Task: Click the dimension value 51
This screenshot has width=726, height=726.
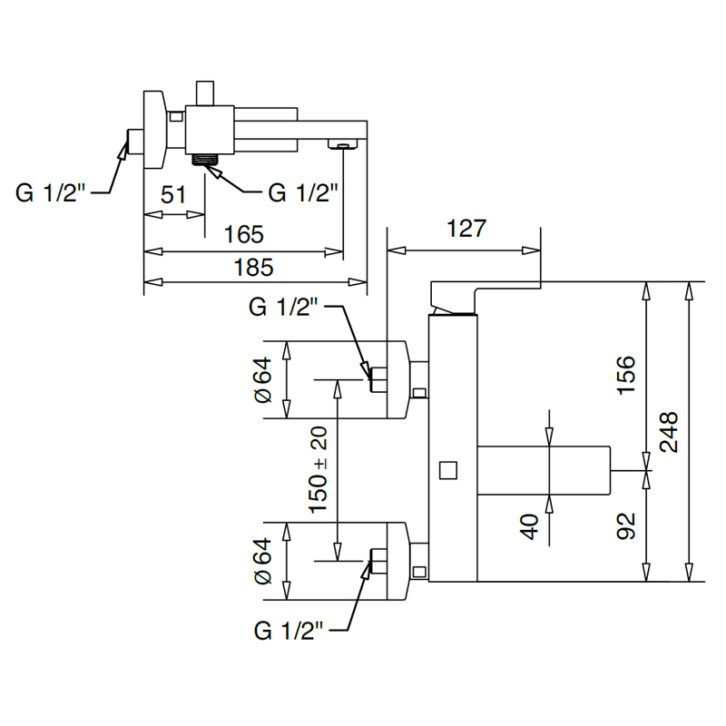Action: pos(173,194)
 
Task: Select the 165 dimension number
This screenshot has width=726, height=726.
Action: pos(243,234)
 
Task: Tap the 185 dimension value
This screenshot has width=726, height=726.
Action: pos(253,268)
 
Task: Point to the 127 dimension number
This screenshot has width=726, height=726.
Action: pos(466,229)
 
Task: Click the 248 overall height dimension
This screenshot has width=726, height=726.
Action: pos(669,432)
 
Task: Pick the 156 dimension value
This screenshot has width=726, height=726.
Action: pos(626,375)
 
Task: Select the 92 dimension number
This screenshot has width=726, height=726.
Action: pos(626,526)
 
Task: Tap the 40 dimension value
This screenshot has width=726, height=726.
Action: pos(529,527)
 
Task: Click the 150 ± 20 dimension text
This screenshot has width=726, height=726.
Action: pos(319,470)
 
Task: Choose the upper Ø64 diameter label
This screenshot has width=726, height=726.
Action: pos(262,379)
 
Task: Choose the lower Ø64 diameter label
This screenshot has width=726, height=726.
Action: pos(262,561)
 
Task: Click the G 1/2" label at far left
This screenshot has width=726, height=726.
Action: pos(51,192)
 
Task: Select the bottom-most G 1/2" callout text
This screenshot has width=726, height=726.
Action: pos(288,631)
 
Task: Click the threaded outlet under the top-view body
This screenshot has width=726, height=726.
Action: pos(205,161)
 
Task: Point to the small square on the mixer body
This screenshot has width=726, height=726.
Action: pos(448,470)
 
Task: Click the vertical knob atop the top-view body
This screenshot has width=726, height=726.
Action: pos(204,93)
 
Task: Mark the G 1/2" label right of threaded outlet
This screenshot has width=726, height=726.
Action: pos(303,192)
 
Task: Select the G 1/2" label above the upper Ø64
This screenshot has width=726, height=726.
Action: pos(283,307)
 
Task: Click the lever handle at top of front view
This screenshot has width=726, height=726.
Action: pos(486,298)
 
